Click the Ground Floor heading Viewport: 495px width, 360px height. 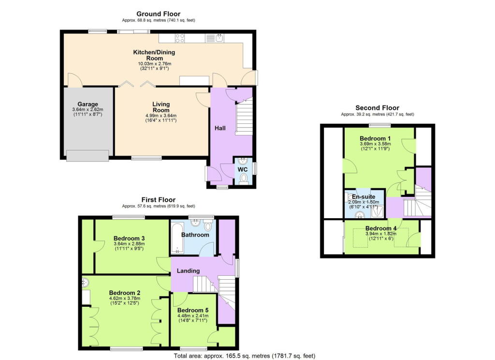pos(158,14)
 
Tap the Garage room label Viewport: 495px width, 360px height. pos(88,104)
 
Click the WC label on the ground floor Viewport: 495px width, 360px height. pos(244,170)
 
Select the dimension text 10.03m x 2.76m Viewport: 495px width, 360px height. pos(154,63)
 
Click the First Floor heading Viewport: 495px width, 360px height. pos(158,199)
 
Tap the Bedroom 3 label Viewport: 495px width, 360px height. pos(129,238)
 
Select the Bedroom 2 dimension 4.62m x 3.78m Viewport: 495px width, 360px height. pos(124,299)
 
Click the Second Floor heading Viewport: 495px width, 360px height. pos(377,108)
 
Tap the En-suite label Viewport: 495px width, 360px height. pos(364,196)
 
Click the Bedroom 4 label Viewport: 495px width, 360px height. pos(381,228)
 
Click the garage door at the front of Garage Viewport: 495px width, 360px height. pos(87,155)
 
